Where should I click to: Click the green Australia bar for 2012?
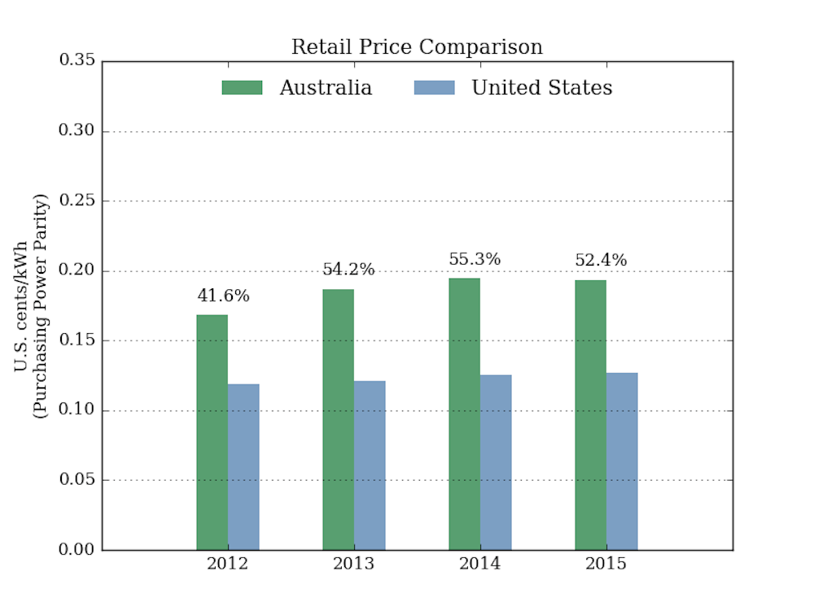click(x=212, y=432)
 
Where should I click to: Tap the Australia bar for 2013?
click(x=338, y=420)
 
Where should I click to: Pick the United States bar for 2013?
click(x=370, y=465)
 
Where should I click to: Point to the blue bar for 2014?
click(x=496, y=462)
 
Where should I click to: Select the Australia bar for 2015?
click(x=590, y=415)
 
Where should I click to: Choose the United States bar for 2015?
click(x=622, y=461)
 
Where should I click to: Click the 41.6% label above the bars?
click(x=223, y=297)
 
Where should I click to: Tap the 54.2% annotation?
click(x=348, y=270)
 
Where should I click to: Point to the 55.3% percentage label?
click(x=475, y=260)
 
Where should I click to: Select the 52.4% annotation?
click(x=601, y=261)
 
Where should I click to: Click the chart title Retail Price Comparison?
click(x=417, y=47)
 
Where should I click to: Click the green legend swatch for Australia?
click(x=242, y=88)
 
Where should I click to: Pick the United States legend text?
click(x=542, y=88)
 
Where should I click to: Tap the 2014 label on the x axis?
click(x=479, y=565)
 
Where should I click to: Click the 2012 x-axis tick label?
click(x=227, y=565)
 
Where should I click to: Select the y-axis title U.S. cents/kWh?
click(x=22, y=305)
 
